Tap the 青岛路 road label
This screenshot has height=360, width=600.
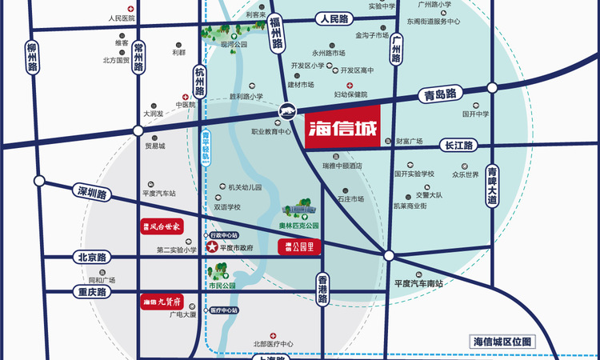[x=439, y=94]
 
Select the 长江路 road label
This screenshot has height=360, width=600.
[x=458, y=146]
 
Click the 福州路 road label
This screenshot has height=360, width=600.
[x=277, y=34]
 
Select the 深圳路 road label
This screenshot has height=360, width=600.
[x=93, y=194]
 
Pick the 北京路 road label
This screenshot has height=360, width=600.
[x=93, y=258]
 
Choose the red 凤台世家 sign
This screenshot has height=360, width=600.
[x=162, y=227]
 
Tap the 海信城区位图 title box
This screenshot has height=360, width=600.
[x=502, y=342]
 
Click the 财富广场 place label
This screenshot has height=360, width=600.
[x=409, y=142]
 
